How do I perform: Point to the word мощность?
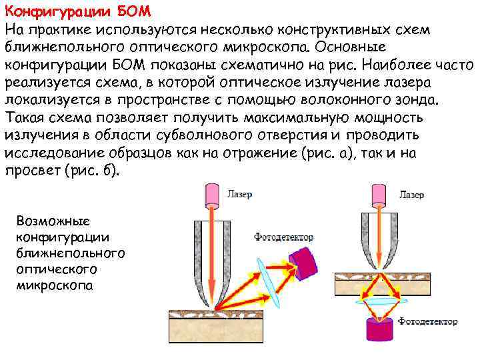(x=399, y=118)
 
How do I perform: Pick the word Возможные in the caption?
(x=49, y=221)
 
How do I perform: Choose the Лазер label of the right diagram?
(x=411, y=196)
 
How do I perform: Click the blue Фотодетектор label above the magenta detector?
(x=284, y=237)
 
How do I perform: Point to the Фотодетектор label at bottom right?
(x=428, y=322)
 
